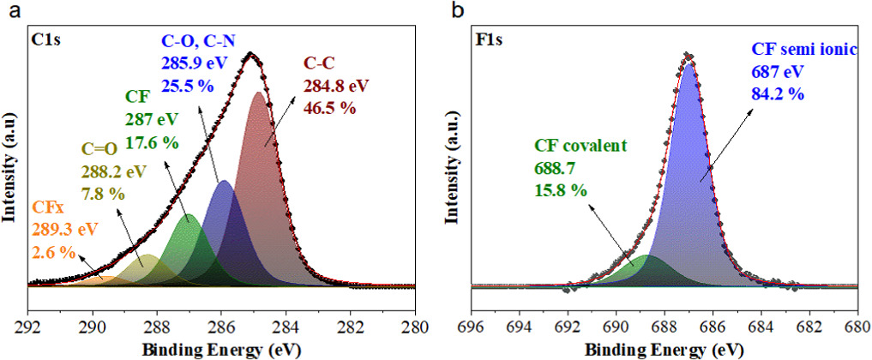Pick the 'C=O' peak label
point(99,153)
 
